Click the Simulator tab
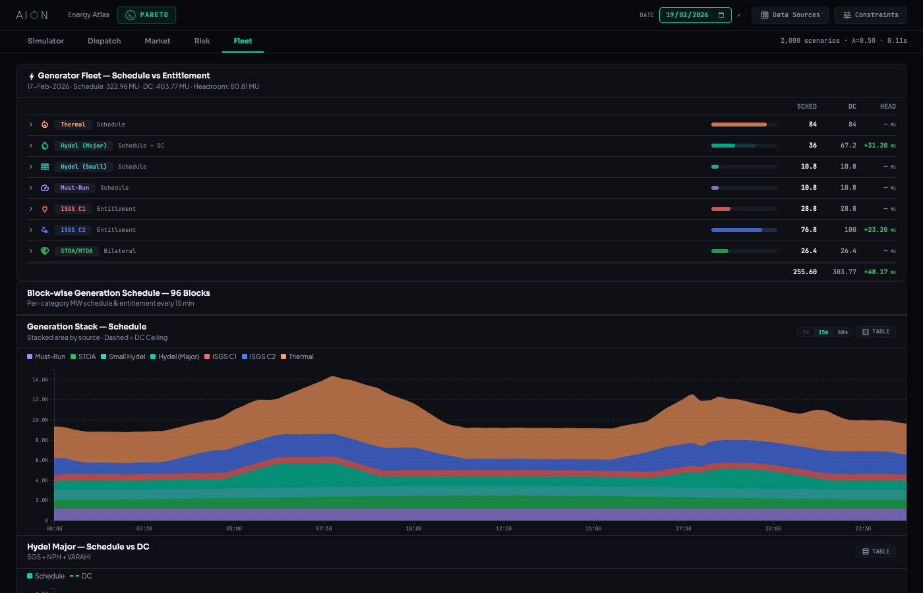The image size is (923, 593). pyautogui.click(x=45, y=41)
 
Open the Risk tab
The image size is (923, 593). pyautogui.click(x=202, y=41)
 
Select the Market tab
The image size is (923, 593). pyautogui.click(x=157, y=41)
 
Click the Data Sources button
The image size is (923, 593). pyautogui.click(x=790, y=14)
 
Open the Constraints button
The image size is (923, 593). pyautogui.click(x=870, y=14)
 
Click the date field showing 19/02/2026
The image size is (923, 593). pyautogui.click(x=695, y=14)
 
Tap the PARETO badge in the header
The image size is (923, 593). pyautogui.click(x=146, y=14)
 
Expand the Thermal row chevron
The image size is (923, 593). pyautogui.click(x=31, y=125)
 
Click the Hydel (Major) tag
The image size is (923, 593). pyautogui.click(x=83, y=146)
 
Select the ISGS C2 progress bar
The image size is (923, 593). pyautogui.click(x=744, y=230)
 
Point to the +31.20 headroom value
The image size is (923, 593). pyautogui.click(x=876, y=146)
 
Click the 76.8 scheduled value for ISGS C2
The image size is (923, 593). pyautogui.click(x=808, y=230)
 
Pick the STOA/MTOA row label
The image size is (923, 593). pyautogui.click(x=76, y=251)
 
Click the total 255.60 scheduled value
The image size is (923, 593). pyautogui.click(x=804, y=271)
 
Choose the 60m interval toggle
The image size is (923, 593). pyautogui.click(x=843, y=332)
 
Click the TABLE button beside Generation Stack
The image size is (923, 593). pyautogui.click(x=876, y=332)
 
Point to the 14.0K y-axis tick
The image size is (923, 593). pyautogui.click(x=40, y=380)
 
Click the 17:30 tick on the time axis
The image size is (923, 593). pyautogui.click(x=683, y=528)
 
